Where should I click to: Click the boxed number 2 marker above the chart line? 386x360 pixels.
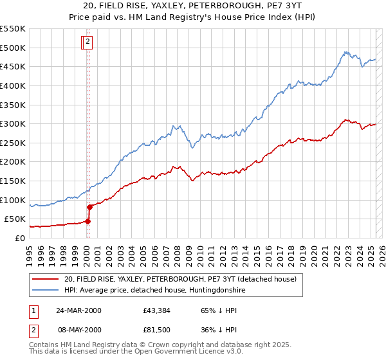[x=87, y=43]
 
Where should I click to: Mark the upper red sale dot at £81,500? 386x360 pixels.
[x=89, y=207]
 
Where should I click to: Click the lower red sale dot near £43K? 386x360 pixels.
[x=88, y=221]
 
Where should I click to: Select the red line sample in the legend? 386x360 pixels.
[x=46, y=279]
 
